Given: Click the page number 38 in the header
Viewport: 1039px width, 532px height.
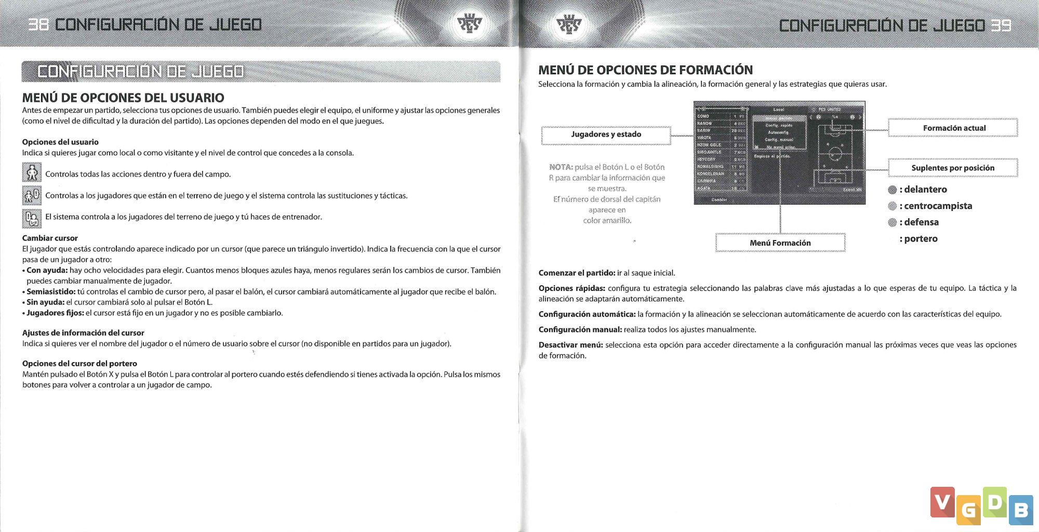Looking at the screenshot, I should [x=38, y=24].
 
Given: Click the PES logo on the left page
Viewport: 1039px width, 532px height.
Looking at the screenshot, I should [x=469, y=24].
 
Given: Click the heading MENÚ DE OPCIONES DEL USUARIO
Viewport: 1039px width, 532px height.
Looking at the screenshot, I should [x=123, y=98].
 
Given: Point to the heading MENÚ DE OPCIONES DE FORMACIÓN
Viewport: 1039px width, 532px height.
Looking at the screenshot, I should [x=645, y=70].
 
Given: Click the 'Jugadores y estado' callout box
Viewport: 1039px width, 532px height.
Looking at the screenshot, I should [x=606, y=135].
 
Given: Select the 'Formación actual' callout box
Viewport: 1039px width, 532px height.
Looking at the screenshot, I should [x=954, y=128].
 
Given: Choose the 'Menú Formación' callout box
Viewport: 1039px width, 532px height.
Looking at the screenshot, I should [x=780, y=243].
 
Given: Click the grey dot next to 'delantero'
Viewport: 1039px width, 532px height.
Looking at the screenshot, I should [x=893, y=190].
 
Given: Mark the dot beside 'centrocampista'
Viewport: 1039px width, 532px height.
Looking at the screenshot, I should [x=893, y=206].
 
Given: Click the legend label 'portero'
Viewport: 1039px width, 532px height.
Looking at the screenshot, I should [x=921, y=239].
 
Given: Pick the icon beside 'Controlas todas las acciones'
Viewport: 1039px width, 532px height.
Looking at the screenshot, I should [x=32, y=172].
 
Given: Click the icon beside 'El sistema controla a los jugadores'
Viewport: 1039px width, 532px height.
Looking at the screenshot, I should [x=32, y=218].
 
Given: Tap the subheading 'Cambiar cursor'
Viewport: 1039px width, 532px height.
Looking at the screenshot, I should [x=50, y=238].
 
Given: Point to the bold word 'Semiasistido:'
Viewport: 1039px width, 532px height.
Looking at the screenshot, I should [x=51, y=291].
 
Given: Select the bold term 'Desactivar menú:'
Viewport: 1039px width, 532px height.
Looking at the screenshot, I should [x=570, y=345].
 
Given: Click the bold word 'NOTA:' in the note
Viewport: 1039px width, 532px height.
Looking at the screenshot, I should [x=561, y=167].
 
